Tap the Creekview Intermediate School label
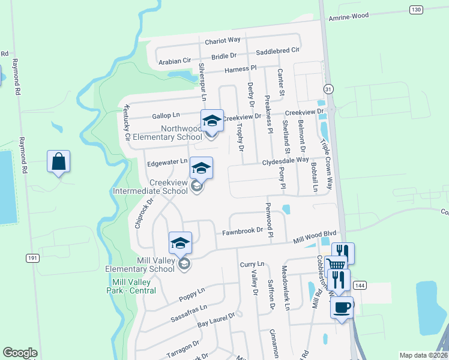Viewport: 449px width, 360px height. [x=151, y=187]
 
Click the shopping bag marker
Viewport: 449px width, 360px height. [x=58, y=161]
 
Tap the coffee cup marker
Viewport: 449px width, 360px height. [x=342, y=308]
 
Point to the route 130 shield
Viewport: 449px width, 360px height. [x=416, y=10]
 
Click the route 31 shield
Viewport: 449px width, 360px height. [x=328, y=89]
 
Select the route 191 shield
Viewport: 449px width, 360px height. [x=32, y=258]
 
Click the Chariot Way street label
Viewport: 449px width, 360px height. [x=223, y=40]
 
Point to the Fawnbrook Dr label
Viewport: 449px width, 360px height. [x=243, y=230]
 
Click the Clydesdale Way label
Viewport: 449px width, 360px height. [x=285, y=162]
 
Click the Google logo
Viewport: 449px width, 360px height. [x=20, y=353]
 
